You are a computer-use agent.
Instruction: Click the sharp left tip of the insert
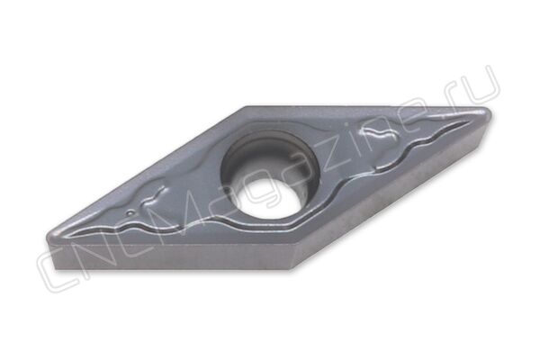coord(47,238)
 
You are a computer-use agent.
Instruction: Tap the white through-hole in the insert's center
coord(266,202)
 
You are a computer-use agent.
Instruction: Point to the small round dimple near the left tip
coord(130,212)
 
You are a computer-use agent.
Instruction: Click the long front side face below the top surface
coord(172,257)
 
